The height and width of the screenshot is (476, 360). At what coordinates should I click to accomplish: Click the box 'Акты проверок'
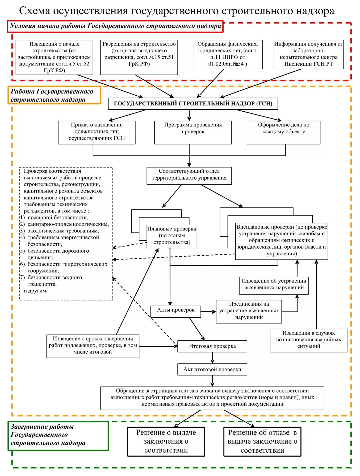coord(175,311)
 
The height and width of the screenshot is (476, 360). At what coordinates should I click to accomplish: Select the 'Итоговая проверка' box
coord(212,346)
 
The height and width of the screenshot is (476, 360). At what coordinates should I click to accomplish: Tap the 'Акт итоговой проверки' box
coord(212,369)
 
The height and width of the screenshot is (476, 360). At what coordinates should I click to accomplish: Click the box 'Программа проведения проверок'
coord(193,132)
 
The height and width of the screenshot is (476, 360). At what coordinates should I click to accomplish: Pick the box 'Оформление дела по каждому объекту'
coord(283,132)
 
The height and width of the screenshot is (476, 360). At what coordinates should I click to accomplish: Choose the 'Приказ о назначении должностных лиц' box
coord(97,132)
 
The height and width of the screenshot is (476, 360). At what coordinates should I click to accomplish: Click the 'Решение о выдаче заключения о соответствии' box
coord(166,441)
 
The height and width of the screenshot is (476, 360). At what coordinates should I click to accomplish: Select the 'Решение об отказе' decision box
coord(262,441)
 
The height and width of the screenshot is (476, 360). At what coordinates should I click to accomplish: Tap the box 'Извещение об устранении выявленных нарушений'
coord(274,285)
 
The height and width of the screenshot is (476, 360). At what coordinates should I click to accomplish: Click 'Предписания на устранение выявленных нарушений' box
coord(249,311)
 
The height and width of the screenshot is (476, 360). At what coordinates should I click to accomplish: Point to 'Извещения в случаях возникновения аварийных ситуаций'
coord(308,340)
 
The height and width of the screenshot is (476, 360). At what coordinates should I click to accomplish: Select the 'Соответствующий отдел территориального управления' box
coord(189,176)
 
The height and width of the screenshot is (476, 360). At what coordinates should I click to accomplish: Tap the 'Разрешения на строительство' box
coord(139,57)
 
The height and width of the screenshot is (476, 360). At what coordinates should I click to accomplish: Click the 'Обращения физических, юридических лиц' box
coord(228,54)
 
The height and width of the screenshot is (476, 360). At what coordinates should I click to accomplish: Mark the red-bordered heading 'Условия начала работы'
coord(115,26)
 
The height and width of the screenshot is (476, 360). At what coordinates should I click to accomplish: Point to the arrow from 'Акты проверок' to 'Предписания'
coord(208,312)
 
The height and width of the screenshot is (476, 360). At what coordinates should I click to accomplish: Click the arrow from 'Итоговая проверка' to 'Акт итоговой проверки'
coord(212,358)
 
